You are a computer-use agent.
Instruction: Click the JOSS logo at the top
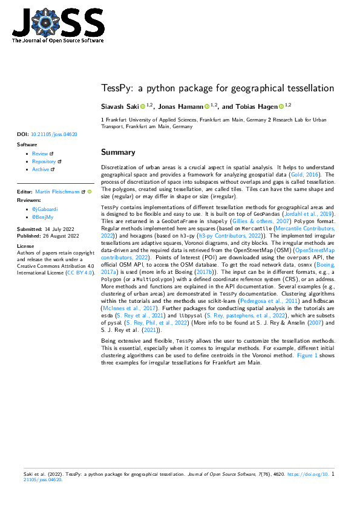pos(57,25)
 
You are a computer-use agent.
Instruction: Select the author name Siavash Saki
pos(123,106)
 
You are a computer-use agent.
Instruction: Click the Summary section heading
pos(118,152)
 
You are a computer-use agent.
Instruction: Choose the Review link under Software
pos(40,154)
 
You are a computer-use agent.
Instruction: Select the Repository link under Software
pos(44,161)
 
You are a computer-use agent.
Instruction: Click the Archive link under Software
pos(41,169)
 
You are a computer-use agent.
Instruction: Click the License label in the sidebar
pos(25,247)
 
